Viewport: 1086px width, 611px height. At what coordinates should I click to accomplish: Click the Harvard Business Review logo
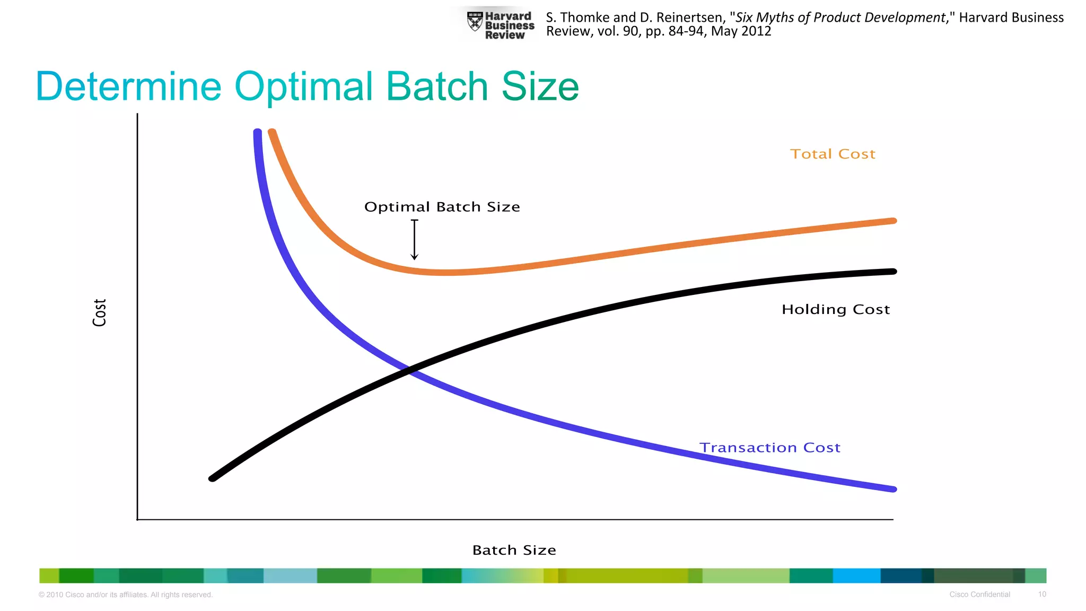[x=501, y=25]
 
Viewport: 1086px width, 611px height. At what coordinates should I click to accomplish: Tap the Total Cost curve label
[x=833, y=154]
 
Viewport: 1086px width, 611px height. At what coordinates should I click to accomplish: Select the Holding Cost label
[x=836, y=309]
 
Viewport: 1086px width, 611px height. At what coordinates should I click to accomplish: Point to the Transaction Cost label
[x=770, y=448]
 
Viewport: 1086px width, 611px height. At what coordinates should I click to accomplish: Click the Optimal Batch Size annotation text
[x=442, y=207]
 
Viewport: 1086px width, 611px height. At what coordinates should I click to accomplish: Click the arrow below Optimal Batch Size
[x=415, y=240]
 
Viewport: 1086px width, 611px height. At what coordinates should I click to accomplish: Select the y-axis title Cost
[x=100, y=312]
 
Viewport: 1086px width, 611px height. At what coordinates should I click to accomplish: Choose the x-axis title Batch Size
[x=514, y=550]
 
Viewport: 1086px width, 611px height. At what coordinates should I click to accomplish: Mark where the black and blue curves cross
[x=410, y=370]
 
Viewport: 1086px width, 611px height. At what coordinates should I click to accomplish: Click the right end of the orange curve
[x=893, y=221]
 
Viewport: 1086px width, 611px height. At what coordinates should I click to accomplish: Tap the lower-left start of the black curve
[x=213, y=478]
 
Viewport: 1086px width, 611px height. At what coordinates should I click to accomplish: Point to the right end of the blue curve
[x=893, y=488]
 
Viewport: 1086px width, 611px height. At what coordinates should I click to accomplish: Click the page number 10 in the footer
[x=1042, y=595]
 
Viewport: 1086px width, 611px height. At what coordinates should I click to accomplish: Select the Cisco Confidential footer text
[x=979, y=595]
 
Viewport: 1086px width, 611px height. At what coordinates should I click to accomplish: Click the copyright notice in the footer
[x=126, y=595]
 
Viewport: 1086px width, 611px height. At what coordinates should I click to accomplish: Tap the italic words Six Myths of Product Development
[x=840, y=18]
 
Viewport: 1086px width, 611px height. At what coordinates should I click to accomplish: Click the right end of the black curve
[x=893, y=272]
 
